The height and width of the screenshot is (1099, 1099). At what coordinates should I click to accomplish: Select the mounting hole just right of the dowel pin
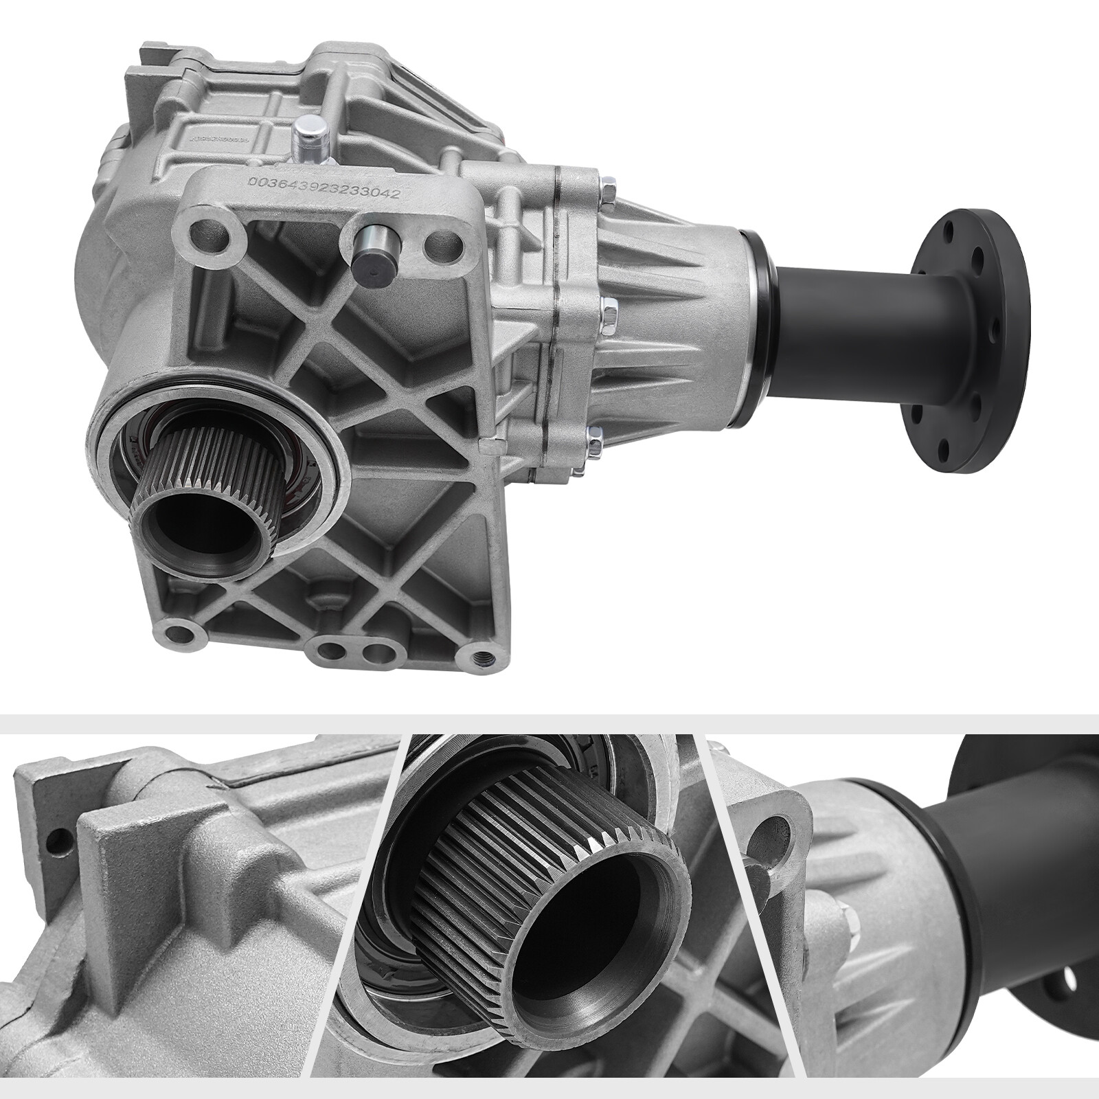[438, 244]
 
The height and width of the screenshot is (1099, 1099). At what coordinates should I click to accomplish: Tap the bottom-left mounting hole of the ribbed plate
[181, 631]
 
